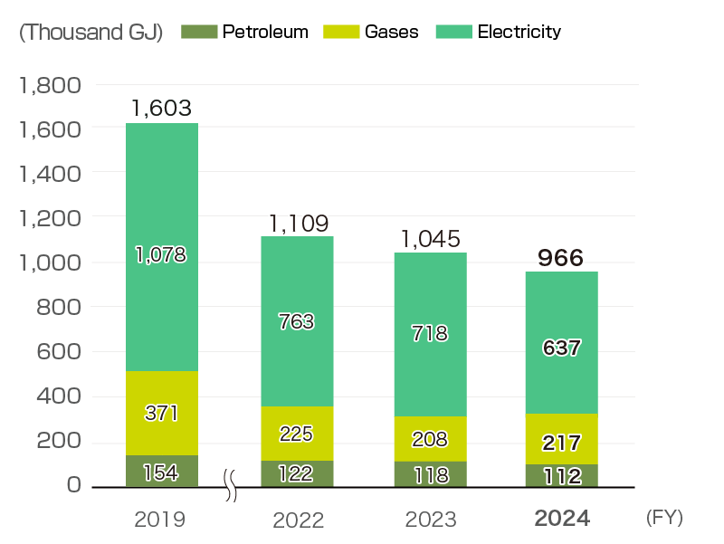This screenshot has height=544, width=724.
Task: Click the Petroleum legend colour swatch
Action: click(199, 32)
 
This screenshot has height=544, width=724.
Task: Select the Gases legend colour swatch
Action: click(341, 32)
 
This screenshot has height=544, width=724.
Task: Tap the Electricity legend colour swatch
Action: click(454, 32)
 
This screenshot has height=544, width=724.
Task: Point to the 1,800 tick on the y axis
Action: click(50, 86)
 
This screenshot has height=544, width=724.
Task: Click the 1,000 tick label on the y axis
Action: click(50, 263)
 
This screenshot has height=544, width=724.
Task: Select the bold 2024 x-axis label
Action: click(562, 519)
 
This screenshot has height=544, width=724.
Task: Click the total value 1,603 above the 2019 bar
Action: click(161, 109)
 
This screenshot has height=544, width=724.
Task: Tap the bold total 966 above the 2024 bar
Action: click(561, 257)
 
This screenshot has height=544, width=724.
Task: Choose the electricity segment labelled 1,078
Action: click(161, 255)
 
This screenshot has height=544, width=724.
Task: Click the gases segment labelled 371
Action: click(161, 414)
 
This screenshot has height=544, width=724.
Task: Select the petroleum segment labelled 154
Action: click(161, 472)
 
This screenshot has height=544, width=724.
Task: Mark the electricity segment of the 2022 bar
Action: click(298, 321)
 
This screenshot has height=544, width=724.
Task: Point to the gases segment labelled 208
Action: click(429, 440)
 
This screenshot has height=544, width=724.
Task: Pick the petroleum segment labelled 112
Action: click(561, 476)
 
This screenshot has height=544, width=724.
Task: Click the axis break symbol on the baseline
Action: click(231, 486)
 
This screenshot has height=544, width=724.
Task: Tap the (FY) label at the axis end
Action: click(665, 518)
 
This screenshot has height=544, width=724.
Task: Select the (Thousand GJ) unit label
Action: click(90, 32)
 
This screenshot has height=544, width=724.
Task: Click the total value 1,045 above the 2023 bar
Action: click(430, 239)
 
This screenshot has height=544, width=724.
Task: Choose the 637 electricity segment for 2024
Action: click(561, 347)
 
